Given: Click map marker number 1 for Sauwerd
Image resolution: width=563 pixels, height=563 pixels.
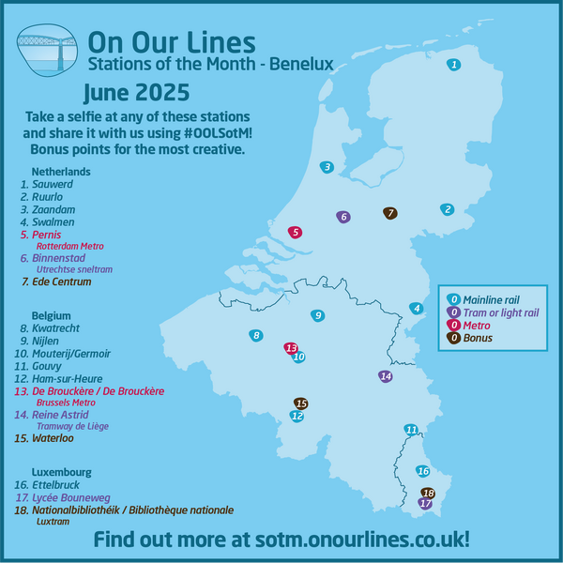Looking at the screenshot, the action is [x=454, y=65].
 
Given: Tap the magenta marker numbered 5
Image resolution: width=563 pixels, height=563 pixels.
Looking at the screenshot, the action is [x=295, y=232].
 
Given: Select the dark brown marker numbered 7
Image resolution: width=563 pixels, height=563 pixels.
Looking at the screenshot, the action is [x=390, y=213].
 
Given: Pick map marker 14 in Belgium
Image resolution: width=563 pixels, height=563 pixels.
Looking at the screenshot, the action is [x=385, y=376].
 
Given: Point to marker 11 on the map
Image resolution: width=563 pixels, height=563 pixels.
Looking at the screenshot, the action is [x=411, y=430].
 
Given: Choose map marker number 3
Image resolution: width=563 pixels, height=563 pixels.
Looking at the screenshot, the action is [x=327, y=167].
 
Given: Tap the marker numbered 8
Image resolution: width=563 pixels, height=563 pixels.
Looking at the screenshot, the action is [x=255, y=335].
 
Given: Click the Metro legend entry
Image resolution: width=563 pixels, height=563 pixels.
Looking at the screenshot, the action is [x=483, y=325].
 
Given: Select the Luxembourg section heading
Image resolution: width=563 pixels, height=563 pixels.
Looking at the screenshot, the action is [x=61, y=472].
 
